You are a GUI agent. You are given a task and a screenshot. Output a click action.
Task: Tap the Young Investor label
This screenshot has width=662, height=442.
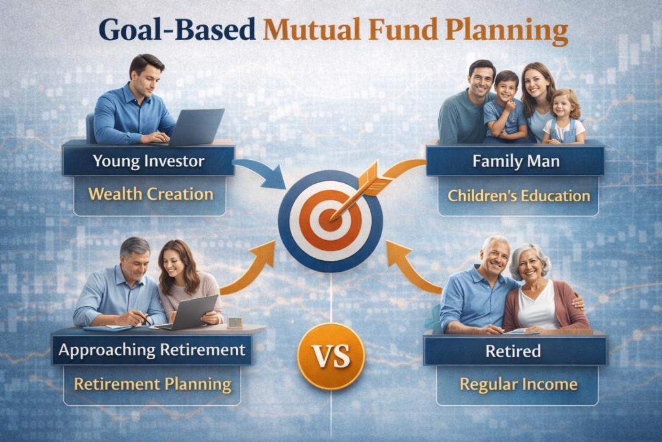coord(149,160)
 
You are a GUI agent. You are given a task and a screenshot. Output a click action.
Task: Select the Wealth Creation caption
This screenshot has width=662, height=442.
coord(150,193)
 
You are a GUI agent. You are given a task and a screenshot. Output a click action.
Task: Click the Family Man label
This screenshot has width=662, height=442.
coord(515,160)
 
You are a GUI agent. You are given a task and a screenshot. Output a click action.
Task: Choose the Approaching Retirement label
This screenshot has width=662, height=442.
coord(152,351)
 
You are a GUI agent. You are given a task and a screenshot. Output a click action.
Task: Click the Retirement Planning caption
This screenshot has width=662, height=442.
coord(153,384)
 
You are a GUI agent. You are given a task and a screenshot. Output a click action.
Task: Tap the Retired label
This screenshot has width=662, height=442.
coord(515,351)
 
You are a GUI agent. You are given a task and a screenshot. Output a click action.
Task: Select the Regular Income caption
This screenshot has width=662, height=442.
coord(518,384)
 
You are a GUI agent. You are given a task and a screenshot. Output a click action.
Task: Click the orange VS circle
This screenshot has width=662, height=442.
coord(331,355)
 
